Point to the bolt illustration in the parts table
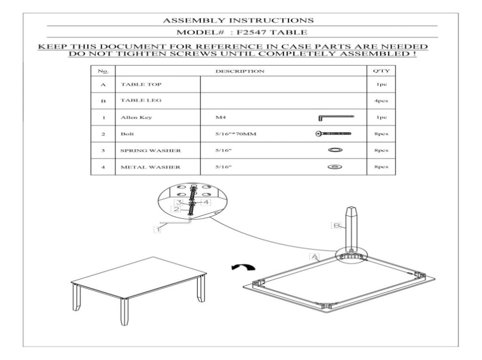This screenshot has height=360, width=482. [334, 134]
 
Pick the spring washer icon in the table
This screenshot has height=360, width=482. [335, 150]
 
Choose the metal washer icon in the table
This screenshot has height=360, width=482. [335, 167]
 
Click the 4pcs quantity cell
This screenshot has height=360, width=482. [381, 101]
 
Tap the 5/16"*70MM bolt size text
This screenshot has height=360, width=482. [236, 134]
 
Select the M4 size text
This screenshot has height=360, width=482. [220, 117]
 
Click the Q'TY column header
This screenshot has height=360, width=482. [381, 71]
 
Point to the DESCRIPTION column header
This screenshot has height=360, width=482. [240, 72]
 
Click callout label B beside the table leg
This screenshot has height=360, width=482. [337, 226]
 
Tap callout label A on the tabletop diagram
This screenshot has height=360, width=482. [314, 256]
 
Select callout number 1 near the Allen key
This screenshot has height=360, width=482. [157, 230]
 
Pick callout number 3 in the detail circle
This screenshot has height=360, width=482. [179, 202]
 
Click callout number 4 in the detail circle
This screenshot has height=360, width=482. [206, 202]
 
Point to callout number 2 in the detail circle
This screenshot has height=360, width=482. [176, 209]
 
